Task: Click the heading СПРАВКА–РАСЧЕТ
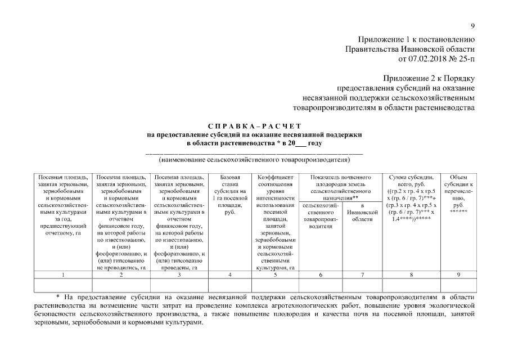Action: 254,125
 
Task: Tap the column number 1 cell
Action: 63,274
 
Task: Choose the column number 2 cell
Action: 121,274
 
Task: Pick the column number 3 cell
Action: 179,274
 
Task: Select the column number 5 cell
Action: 275,274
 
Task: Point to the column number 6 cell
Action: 320,274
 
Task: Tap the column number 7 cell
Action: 362,274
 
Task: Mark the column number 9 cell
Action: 458,274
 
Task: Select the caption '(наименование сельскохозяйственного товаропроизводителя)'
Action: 254,160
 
